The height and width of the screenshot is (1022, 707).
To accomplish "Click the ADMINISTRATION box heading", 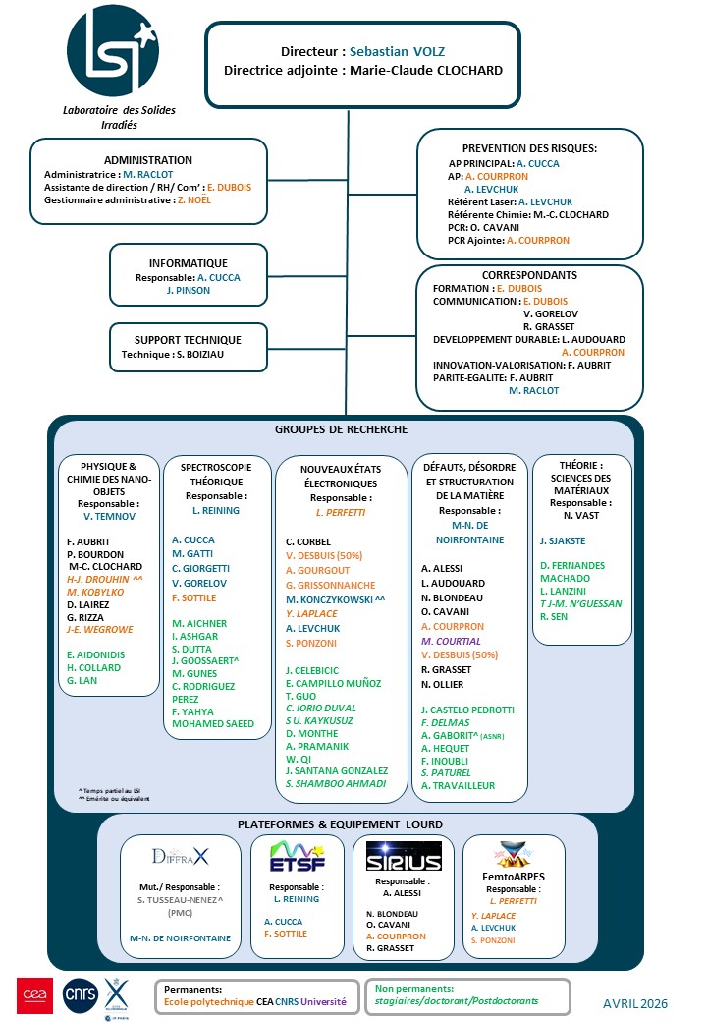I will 148,160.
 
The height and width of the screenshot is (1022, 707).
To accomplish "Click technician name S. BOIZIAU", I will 206,355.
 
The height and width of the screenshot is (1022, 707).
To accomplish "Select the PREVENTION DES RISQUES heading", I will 531,149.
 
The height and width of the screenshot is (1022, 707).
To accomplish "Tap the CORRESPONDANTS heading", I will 529,275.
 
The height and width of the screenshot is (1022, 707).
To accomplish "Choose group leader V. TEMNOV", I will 108,516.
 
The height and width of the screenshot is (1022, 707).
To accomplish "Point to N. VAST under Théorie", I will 582,516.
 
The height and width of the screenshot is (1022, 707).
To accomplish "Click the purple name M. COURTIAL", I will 451,640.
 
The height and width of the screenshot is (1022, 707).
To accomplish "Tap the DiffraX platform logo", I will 180,856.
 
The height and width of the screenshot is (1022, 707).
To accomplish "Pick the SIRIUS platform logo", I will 403,856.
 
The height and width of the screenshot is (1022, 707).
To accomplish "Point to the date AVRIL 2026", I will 635,1003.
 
